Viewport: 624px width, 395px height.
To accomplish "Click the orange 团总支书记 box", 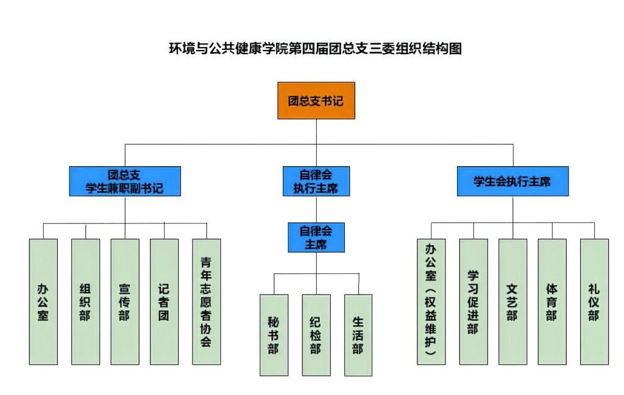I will [x=316, y=100].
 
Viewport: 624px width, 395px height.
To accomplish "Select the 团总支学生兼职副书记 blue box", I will [x=124, y=181].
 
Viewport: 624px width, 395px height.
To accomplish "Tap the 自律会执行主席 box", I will [x=316, y=181].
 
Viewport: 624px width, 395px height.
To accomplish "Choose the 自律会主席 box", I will [x=316, y=237].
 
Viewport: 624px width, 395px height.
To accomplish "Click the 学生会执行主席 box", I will [x=512, y=181].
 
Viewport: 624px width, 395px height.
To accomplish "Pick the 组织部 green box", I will [x=85, y=301].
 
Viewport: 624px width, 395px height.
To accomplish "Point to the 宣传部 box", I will [x=124, y=301].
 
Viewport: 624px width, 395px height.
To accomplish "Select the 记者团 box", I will [x=164, y=301].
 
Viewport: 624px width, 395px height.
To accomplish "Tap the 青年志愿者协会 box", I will [x=206, y=301].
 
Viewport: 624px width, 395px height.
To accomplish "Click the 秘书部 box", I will [x=274, y=335].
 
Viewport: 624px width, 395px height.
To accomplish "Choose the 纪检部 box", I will [x=316, y=335].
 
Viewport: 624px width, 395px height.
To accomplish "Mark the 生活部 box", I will [x=358, y=335].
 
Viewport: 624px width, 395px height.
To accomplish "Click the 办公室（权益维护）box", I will [x=431, y=301].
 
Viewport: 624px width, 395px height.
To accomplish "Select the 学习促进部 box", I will [x=473, y=301].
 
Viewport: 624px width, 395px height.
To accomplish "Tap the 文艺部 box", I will [x=512, y=301].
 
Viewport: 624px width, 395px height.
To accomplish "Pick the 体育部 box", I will [x=551, y=301].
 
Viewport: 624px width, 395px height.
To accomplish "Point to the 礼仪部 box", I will [x=594, y=301].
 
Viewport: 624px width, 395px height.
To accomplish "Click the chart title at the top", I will [x=315, y=49].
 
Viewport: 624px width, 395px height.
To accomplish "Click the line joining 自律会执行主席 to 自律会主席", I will [x=316, y=209].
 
